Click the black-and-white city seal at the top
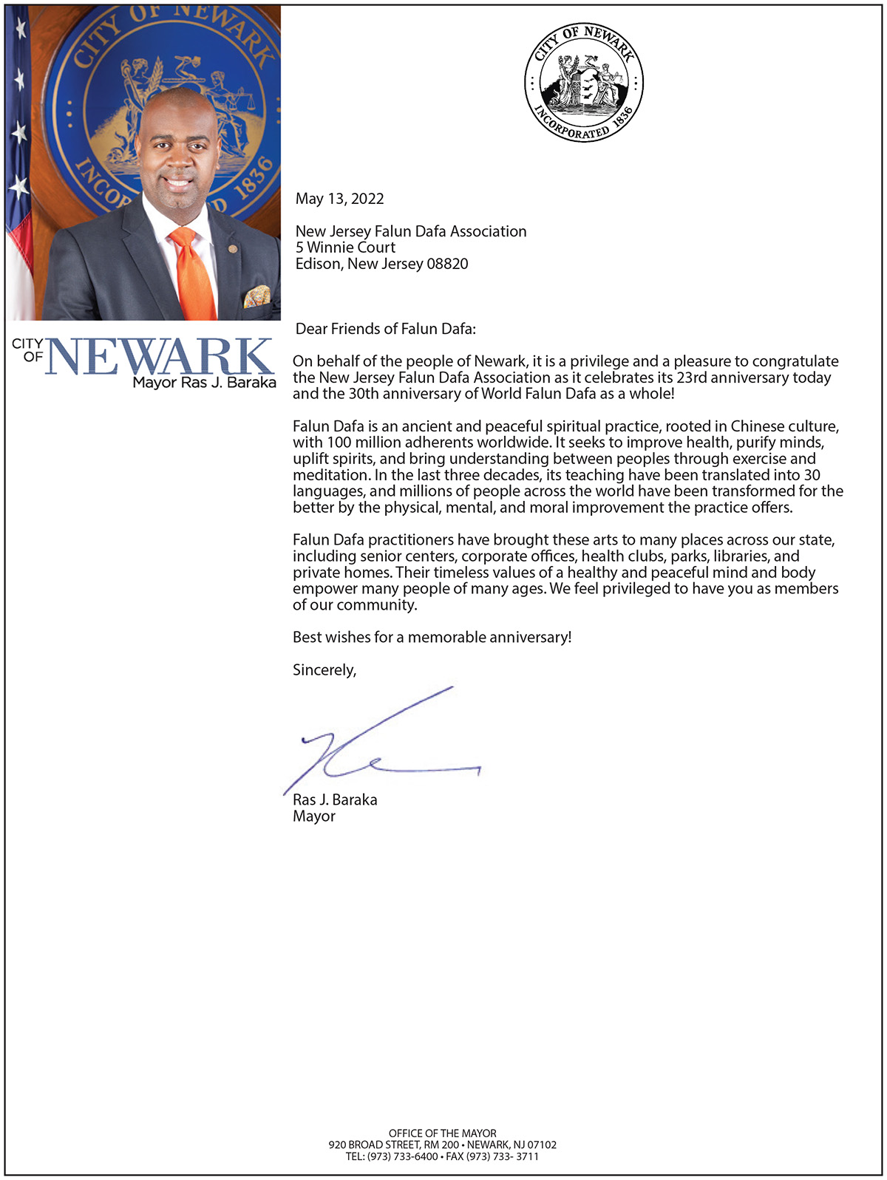click(x=584, y=81)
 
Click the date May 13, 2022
click(x=339, y=199)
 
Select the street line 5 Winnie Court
click(x=345, y=248)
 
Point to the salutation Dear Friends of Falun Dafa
click(x=385, y=329)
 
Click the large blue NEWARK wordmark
click(x=159, y=357)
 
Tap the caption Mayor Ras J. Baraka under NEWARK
click(x=204, y=383)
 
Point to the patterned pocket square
click(x=256, y=296)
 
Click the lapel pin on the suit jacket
click(x=233, y=248)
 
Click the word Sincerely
click(x=324, y=670)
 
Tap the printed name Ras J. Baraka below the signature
click(x=335, y=799)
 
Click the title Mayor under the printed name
click(x=314, y=816)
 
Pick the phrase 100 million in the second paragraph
click(x=357, y=443)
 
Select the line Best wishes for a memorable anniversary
click(x=432, y=637)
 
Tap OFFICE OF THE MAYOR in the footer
click(x=443, y=1133)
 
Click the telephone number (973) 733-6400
click(x=402, y=1156)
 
